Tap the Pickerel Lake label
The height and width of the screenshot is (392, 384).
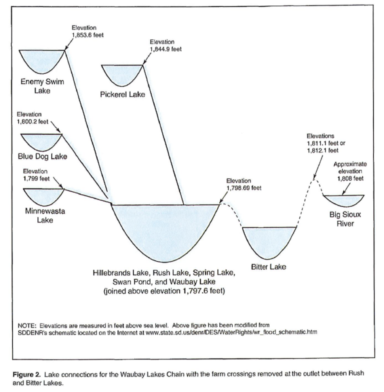click(x=122, y=94)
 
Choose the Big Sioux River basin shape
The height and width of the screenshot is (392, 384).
click(x=344, y=199)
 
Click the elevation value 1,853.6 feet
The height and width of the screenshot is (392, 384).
click(x=88, y=35)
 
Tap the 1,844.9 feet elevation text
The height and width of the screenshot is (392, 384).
click(x=166, y=49)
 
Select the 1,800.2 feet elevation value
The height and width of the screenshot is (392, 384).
click(x=32, y=122)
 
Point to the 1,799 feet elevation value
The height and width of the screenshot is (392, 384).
click(x=36, y=178)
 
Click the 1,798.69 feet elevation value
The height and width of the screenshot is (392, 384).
click(x=244, y=188)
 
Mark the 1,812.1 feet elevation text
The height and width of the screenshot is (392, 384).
click(x=323, y=150)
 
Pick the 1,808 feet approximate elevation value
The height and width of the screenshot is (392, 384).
click(x=350, y=178)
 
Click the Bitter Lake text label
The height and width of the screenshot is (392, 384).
click(x=268, y=267)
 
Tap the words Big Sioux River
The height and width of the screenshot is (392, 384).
click(x=345, y=219)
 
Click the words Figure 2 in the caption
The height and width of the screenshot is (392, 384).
click(x=26, y=374)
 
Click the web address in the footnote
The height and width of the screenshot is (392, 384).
click(x=231, y=332)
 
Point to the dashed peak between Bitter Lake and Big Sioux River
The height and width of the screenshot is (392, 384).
click(x=315, y=179)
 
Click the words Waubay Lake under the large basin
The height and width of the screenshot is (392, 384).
click(x=192, y=282)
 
